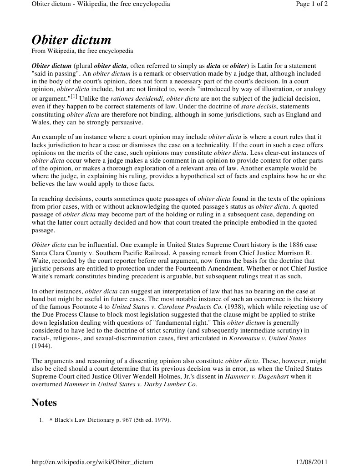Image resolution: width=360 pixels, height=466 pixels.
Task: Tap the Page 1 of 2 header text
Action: click(311, 4)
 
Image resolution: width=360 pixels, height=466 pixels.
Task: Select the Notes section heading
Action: click(44, 403)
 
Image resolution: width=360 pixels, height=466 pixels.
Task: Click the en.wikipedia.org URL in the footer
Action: click(92, 461)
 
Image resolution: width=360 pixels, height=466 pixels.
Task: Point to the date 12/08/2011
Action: click(312, 461)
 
